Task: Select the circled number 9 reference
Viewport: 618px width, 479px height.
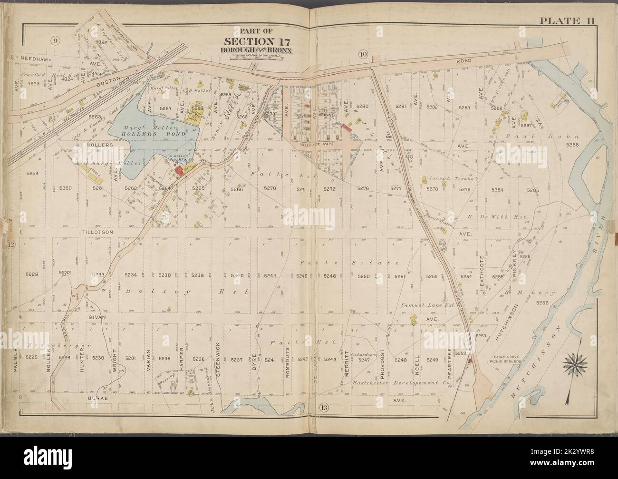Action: click(x=56, y=40)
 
